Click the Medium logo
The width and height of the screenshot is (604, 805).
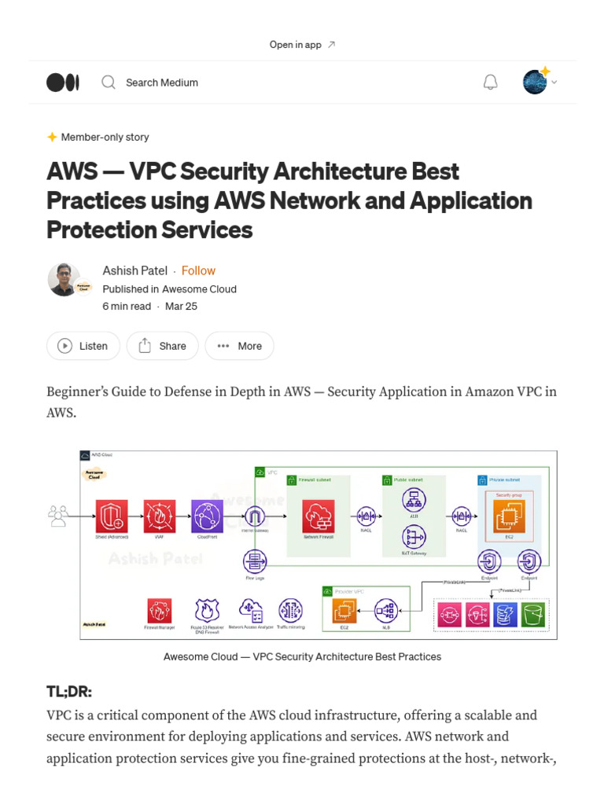point(63,83)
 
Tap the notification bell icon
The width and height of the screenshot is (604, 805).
point(490,83)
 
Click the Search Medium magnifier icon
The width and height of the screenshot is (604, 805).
point(109,83)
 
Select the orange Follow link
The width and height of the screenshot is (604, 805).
point(198,270)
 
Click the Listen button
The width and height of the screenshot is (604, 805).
point(83,346)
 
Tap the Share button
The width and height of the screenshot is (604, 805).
point(163,346)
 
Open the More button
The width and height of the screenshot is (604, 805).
point(239,346)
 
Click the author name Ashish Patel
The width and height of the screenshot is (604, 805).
point(134,270)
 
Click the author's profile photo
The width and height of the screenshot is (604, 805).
point(64,279)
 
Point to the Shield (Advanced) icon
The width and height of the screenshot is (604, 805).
point(112,516)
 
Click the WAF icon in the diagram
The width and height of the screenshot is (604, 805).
point(160,516)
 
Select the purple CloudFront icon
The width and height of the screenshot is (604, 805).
point(208,516)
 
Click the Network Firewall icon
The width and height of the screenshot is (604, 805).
point(319,516)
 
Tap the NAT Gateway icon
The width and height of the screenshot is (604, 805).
point(413,537)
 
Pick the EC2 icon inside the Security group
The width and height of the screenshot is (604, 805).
point(509,516)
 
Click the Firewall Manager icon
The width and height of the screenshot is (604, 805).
point(160,611)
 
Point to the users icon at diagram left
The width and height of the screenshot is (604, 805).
point(58,516)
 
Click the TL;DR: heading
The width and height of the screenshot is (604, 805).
point(69,691)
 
